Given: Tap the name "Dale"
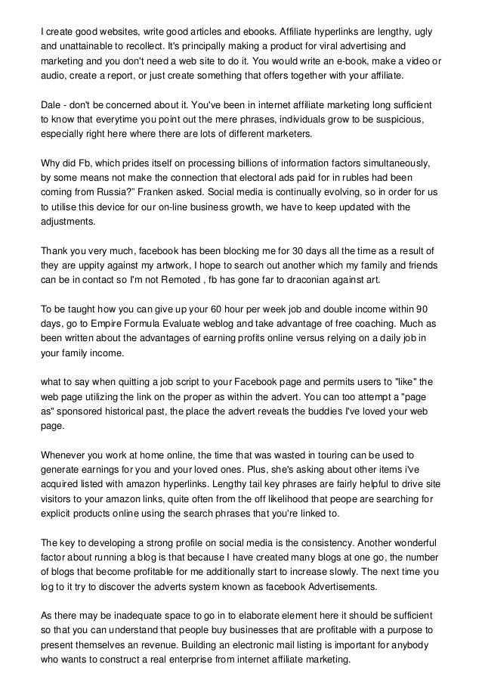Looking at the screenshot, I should [x=51, y=104].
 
